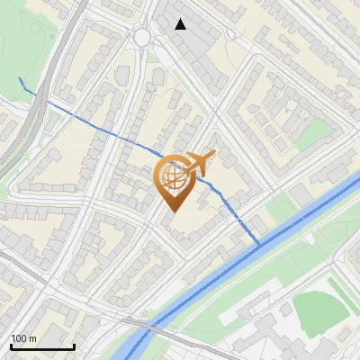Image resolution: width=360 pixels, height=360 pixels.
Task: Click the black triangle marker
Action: [181, 24]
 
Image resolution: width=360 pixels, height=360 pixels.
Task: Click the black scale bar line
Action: [41, 346]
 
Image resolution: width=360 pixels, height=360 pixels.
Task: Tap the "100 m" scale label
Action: [23, 338]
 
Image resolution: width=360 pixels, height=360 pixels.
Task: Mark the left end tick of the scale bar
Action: [11, 345]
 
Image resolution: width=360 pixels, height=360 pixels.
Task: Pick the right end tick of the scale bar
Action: [73, 345]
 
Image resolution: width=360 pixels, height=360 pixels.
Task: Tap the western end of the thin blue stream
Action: [20, 79]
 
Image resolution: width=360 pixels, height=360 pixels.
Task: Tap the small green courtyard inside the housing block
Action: [314, 134]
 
